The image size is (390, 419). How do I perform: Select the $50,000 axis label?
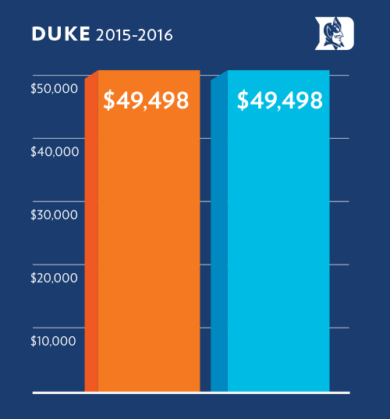[54, 89]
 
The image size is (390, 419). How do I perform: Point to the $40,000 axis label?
[54, 152]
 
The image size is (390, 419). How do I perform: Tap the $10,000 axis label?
[54, 341]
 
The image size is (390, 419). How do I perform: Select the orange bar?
[148, 250]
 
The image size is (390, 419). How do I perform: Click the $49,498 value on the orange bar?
[147, 101]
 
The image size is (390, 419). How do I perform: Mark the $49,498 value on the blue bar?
[279, 101]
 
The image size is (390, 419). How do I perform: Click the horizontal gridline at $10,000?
[339, 328]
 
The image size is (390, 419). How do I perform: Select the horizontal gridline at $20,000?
[339, 265]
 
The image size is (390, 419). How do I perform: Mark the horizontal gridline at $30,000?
[339, 201]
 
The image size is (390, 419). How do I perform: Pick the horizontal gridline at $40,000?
[339, 138]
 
